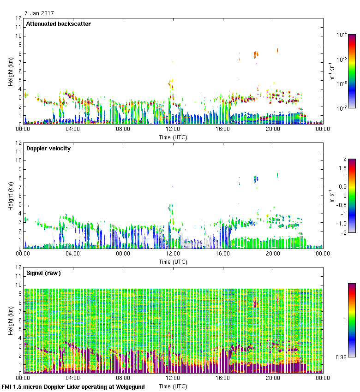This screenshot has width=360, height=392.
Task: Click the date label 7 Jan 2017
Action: click(x=40, y=14)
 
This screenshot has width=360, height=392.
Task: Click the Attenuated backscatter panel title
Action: click(x=58, y=24)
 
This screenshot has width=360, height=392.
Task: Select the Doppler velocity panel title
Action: click(x=48, y=148)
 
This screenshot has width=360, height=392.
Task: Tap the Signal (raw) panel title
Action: click(x=43, y=273)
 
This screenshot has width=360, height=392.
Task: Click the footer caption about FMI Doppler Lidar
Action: click(x=73, y=386)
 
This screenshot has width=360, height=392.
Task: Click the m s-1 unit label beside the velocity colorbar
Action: click(x=332, y=196)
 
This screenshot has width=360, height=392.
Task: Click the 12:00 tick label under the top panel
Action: click(x=173, y=129)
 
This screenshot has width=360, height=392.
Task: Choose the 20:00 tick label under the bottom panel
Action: click(x=273, y=378)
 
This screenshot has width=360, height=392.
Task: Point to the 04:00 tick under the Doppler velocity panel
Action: click(x=73, y=254)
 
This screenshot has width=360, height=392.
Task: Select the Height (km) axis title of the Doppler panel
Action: click(x=10, y=196)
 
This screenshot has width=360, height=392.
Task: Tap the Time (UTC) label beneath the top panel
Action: click(x=173, y=137)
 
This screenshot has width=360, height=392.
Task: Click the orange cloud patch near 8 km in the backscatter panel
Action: click(x=256, y=54)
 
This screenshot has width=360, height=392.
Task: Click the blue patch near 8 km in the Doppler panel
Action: click(x=256, y=178)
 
